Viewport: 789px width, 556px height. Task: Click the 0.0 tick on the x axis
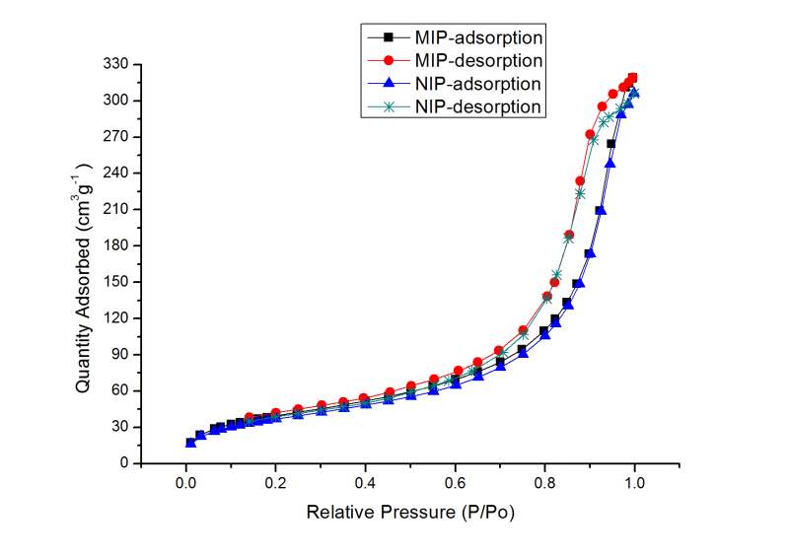[x=185, y=483]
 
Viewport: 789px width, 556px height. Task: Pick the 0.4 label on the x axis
[x=365, y=483]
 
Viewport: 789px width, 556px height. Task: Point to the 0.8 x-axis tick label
[x=545, y=483]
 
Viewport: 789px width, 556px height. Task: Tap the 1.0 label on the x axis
[x=635, y=483]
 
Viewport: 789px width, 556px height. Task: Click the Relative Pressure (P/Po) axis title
[x=410, y=513]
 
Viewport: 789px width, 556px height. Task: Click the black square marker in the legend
[x=389, y=37]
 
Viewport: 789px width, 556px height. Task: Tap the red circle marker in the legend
[x=389, y=60]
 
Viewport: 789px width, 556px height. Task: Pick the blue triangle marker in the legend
[x=389, y=84]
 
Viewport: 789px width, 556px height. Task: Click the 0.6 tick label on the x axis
[x=456, y=483]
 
